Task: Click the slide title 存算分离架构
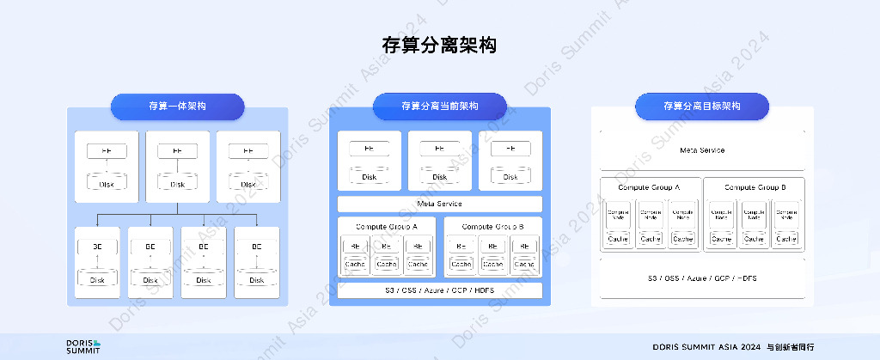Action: pos(439,45)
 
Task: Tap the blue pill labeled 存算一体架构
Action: pos(177,107)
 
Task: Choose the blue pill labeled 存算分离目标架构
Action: pos(701,107)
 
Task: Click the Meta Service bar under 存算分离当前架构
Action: pos(439,204)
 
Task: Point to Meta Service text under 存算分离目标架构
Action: pos(701,150)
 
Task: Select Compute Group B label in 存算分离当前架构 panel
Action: pos(492,226)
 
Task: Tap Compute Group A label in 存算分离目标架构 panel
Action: pos(649,186)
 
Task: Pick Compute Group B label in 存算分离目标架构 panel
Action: pos(755,186)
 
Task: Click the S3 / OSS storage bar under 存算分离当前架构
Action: pos(439,290)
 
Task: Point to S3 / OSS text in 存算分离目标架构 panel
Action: pos(701,279)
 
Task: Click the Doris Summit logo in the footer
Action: pos(83,345)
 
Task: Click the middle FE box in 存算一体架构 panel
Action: pos(177,151)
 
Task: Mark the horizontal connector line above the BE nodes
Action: pos(177,213)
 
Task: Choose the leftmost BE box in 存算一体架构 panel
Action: pos(97,247)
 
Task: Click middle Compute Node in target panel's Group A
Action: pos(651,215)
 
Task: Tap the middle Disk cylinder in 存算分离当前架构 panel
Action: pos(439,175)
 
